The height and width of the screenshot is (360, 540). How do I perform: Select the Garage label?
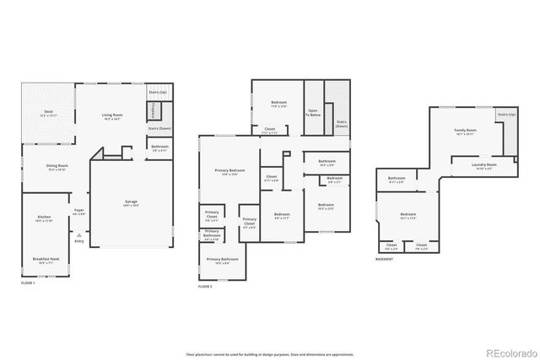point(132,201)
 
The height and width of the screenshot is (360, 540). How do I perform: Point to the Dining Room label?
point(57,165)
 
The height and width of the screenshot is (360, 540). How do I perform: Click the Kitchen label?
point(44,217)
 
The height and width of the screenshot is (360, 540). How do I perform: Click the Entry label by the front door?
point(78,241)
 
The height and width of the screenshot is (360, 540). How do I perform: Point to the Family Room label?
point(466,131)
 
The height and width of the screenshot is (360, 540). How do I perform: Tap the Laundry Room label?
point(483,164)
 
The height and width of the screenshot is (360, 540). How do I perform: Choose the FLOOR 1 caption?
point(28,282)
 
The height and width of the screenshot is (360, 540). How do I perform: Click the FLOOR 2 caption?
point(205,287)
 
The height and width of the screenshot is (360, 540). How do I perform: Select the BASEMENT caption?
point(386,259)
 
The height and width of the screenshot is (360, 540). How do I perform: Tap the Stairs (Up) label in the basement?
point(506,114)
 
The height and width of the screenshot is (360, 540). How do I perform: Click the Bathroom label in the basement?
point(397,178)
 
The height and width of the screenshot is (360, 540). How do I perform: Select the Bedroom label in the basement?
point(407,217)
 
